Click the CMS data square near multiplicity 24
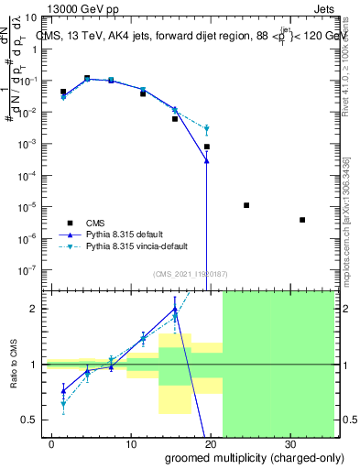[x=246, y=205]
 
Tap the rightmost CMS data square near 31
[x=302, y=220]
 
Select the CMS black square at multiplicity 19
[x=207, y=147]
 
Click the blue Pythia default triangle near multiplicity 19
[x=207, y=160]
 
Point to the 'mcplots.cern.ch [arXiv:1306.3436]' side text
[x=347, y=220]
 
